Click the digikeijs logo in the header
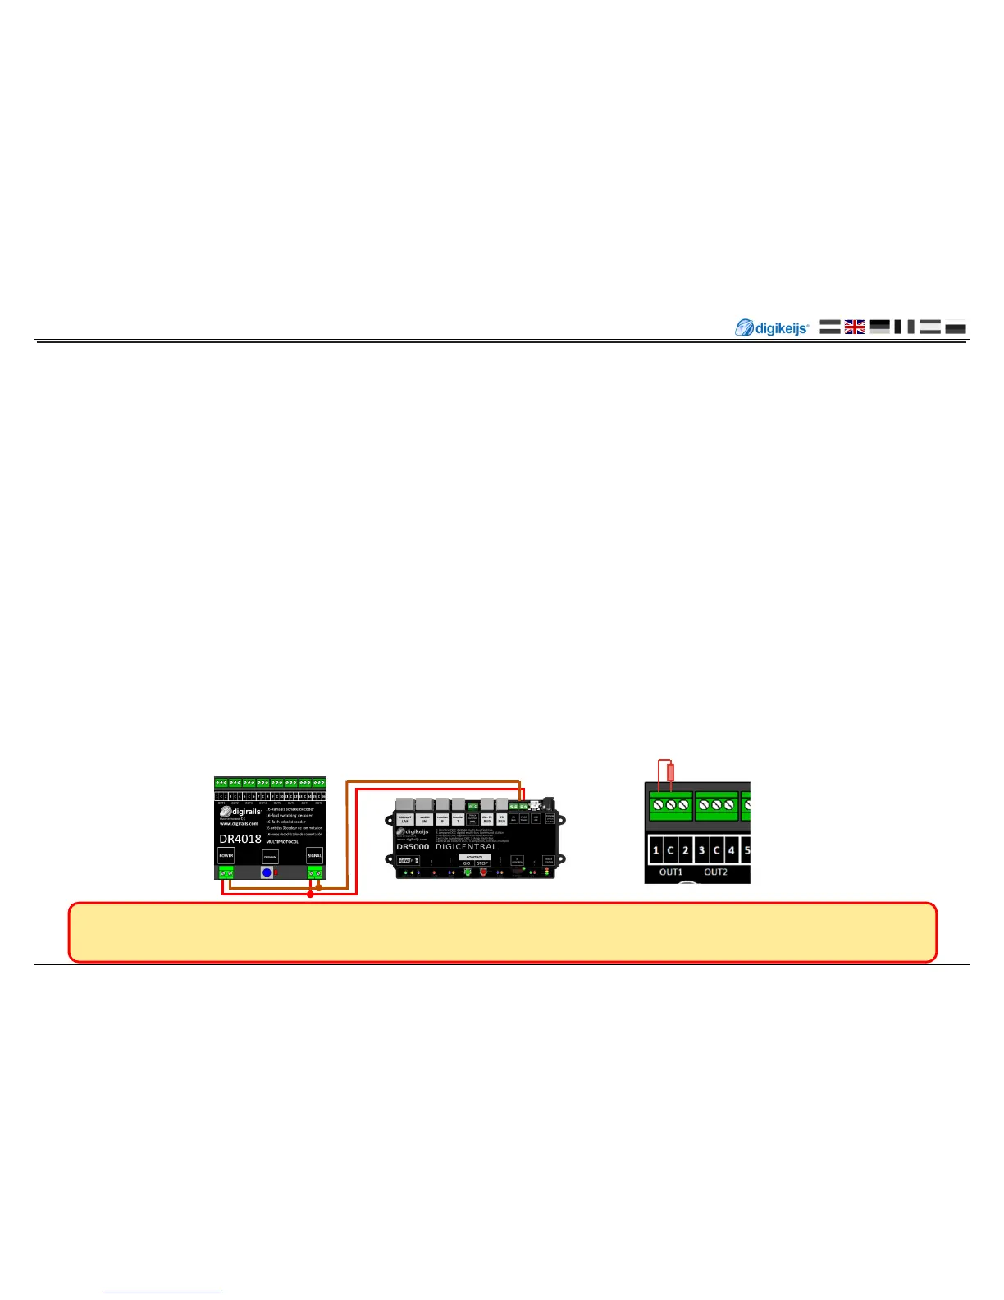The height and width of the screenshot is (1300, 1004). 771,328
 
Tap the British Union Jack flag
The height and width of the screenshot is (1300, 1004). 855,327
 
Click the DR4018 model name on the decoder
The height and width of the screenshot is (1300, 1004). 240,839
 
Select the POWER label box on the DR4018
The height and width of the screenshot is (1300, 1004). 226,855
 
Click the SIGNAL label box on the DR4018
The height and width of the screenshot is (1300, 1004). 314,855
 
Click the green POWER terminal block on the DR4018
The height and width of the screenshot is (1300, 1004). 226,872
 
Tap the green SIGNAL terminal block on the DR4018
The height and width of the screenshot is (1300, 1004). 314,872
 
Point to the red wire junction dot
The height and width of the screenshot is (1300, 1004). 310,895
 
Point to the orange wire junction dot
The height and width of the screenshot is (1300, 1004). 319,887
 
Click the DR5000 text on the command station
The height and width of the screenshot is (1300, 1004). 413,846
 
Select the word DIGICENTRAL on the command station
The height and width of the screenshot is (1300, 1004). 466,846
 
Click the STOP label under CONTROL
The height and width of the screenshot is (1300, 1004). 482,863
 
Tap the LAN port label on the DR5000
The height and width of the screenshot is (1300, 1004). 405,819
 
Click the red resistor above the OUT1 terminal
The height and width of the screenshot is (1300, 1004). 671,772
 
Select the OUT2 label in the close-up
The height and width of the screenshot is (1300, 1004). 715,872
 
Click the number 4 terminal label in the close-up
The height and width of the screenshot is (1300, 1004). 731,850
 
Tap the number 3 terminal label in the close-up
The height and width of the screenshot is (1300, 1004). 701,850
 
